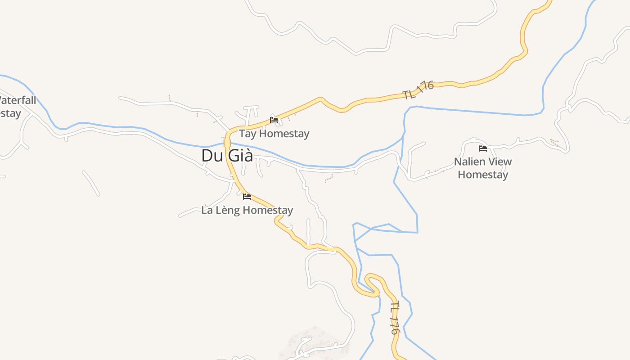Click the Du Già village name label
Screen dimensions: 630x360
pyautogui.click(x=227, y=155)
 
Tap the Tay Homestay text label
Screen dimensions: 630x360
pyautogui.click(x=274, y=134)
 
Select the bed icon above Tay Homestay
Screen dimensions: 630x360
pyautogui.click(x=274, y=120)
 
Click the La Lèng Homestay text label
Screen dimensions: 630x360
pyautogui.click(x=247, y=210)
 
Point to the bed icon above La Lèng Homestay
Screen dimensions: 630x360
pyautogui.click(x=247, y=197)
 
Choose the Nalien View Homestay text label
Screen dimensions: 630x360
pyautogui.click(x=483, y=168)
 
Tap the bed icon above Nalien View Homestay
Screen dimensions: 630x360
pyautogui.click(x=483, y=148)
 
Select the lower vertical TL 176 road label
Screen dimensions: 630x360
pyautogui.click(x=394, y=318)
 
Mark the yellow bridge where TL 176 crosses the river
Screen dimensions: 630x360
pyautogui.click(x=227, y=143)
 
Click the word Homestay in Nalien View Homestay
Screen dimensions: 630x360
pyautogui.click(x=483, y=175)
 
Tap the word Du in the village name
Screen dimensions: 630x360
pyautogui.click(x=211, y=155)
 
